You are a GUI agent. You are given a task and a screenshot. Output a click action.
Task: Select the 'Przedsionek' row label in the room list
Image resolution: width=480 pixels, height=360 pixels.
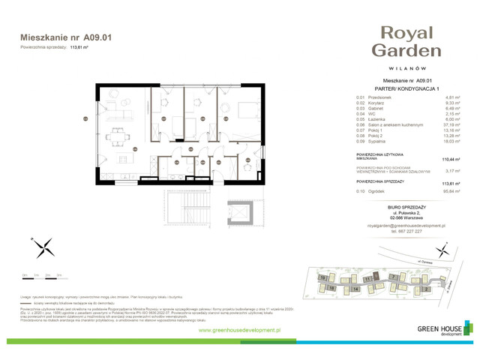[x=379, y=97]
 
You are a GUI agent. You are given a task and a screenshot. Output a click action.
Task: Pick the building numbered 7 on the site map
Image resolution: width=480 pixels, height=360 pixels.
[x=393, y=276]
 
